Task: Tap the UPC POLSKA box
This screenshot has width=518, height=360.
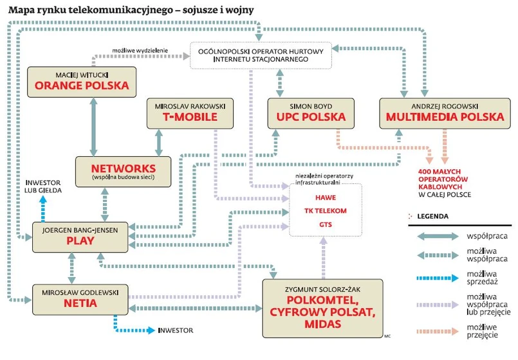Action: (303, 113)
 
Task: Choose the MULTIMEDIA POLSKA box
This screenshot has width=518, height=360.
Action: (444, 113)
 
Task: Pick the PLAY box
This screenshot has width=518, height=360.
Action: (80, 237)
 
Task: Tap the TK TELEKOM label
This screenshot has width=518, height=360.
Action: (325, 211)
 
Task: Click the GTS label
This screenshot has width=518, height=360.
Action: (325, 225)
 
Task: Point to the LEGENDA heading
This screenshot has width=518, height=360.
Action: (432, 217)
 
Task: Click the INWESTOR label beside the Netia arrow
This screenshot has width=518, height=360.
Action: (175, 330)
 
